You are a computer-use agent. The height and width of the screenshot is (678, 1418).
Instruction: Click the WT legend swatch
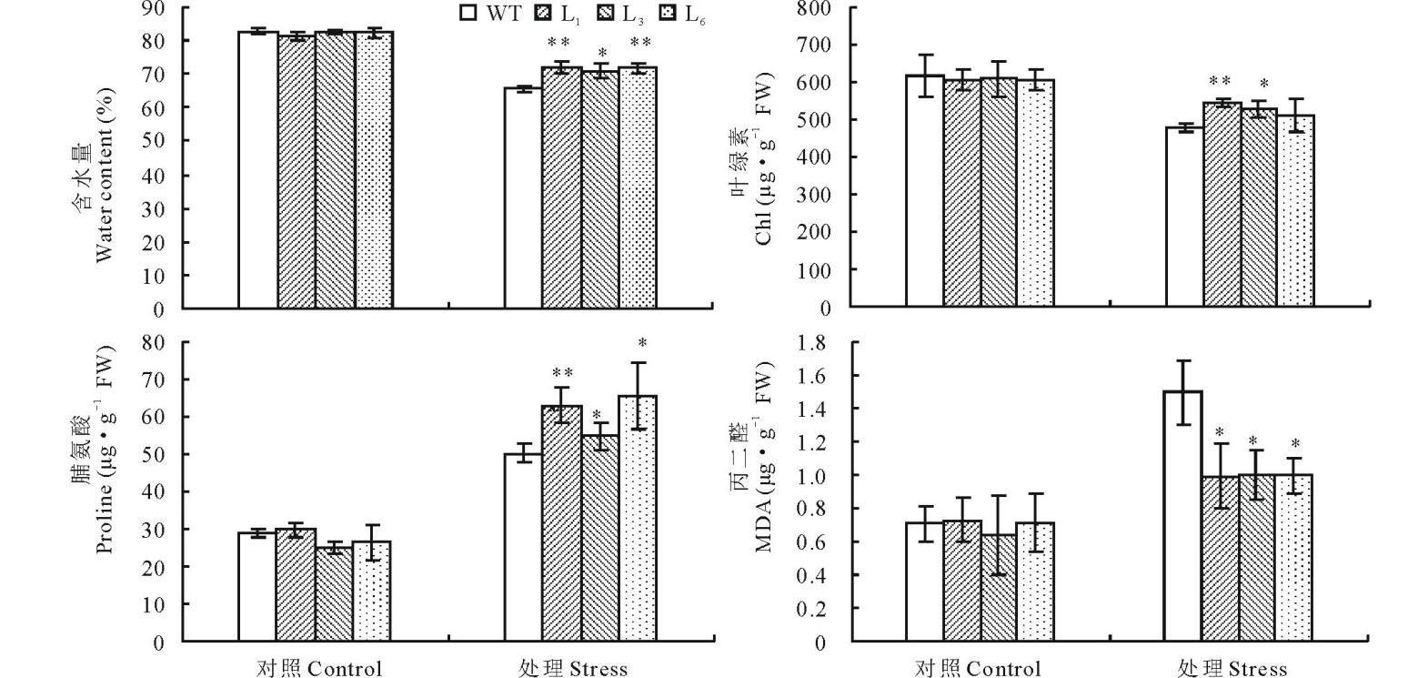pyautogui.click(x=469, y=13)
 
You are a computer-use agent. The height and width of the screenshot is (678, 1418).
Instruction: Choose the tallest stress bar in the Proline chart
pyautogui.click(x=638, y=518)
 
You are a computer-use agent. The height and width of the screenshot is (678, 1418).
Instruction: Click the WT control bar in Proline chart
pyautogui.click(x=257, y=587)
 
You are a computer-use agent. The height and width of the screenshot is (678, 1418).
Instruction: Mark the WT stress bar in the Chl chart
pyautogui.click(x=1183, y=218)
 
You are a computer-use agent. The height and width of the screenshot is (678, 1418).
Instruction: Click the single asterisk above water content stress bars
pyautogui.click(x=600, y=53)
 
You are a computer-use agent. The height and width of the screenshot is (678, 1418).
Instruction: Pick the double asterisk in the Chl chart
pyautogui.click(x=1221, y=82)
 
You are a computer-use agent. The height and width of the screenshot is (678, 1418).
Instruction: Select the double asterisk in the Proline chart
pyautogui.click(x=562, y=372)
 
